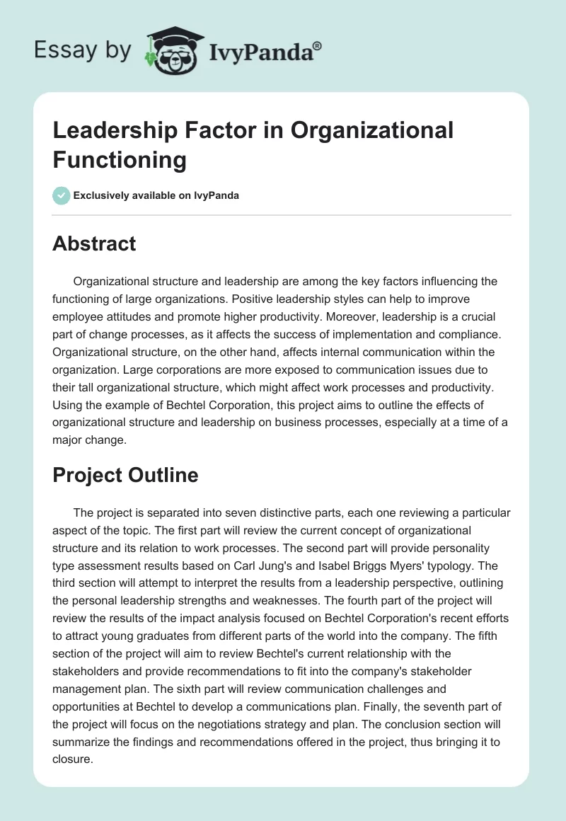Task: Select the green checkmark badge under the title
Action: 62,195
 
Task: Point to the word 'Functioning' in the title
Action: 120,159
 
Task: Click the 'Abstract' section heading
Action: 94,243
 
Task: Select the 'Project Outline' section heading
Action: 125,476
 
